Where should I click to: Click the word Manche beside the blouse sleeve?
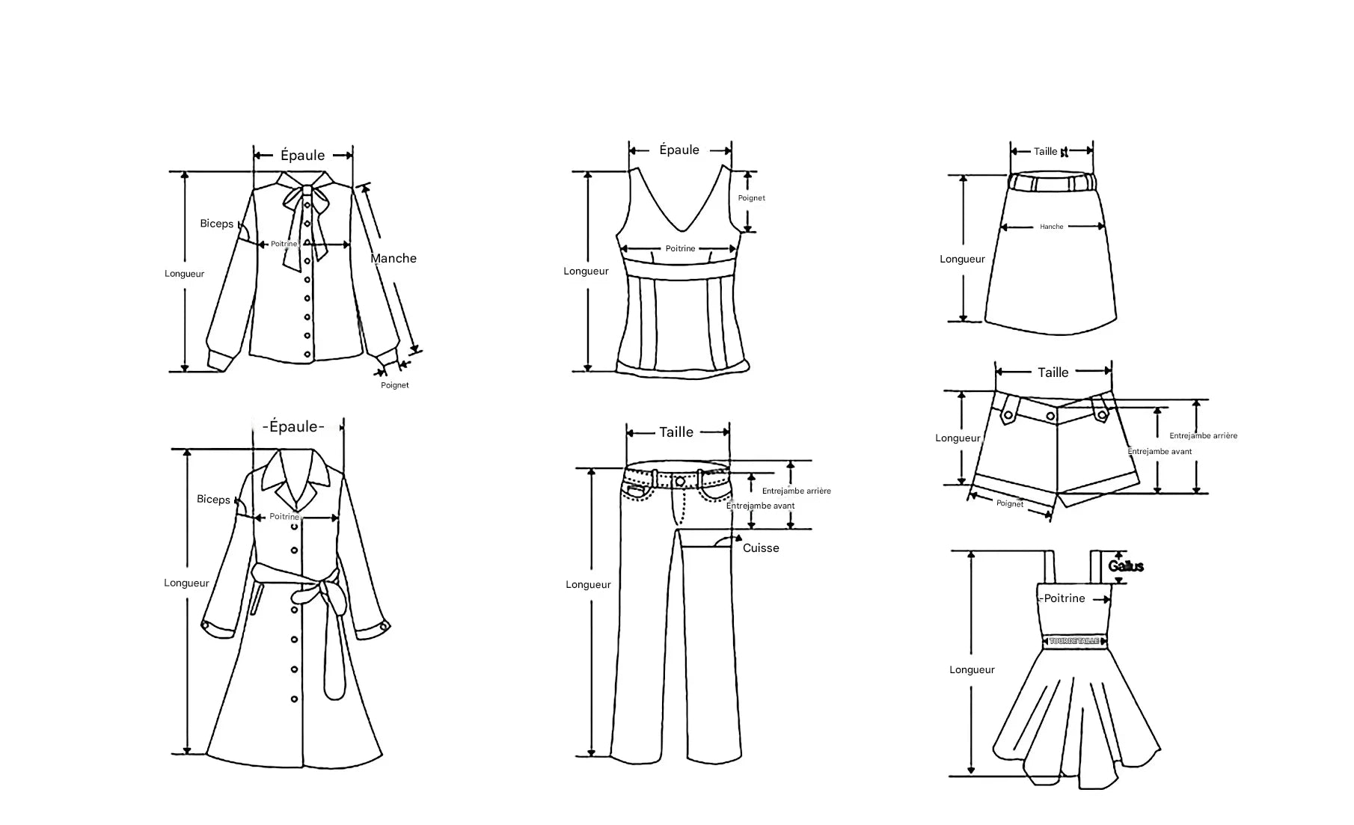393,259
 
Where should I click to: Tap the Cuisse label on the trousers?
761,548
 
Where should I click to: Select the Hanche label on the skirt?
1051,227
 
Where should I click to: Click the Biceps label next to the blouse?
216,224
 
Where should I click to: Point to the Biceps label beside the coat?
213,500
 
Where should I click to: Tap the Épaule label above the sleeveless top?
679,150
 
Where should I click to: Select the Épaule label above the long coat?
294,427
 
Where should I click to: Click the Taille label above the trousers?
676,432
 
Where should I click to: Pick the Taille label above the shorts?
1053,372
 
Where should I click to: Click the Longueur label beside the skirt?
962,260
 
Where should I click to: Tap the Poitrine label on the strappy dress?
1064,598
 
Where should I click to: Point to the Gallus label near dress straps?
1126,567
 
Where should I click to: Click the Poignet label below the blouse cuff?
395,385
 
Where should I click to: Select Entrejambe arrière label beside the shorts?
1203,436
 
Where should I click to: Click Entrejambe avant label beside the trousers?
760,506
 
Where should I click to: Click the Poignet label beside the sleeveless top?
751,198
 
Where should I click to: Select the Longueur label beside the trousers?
588,585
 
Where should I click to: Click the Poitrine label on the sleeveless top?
680,249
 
